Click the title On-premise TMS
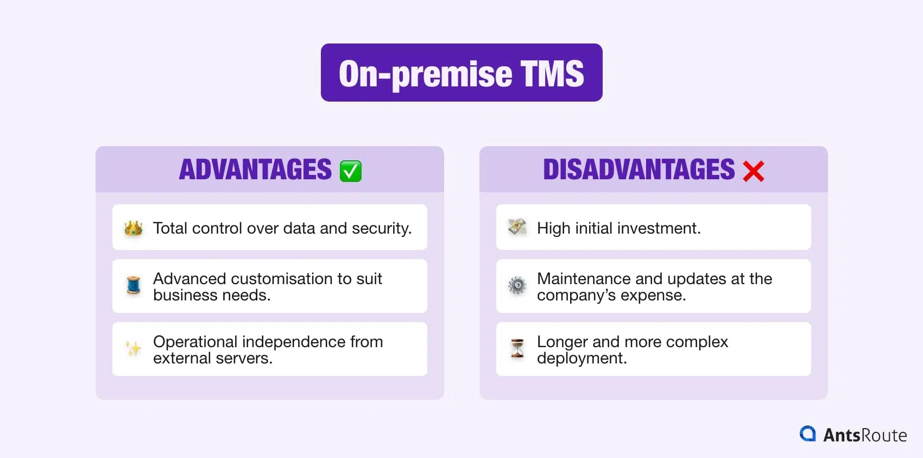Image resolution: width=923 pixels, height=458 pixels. (x=461, y=73)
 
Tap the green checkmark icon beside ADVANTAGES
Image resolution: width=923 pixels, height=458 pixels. (x=350, y=171)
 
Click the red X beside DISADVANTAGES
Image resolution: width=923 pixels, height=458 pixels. (x=753, y=171)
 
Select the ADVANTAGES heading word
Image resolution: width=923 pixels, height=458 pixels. (x=255, y=170)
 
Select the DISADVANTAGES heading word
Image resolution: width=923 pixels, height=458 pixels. (x=638, y=170)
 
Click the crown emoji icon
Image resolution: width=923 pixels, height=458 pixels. (x=134, y=228)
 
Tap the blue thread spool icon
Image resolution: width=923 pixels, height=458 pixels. (x=134, y=285)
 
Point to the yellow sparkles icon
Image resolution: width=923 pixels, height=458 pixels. (x=134, y=348)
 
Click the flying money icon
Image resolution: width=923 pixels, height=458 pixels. (x=517, y=227)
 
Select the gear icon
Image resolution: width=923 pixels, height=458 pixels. (x=517, y=285)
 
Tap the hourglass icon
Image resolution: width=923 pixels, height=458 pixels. (x=517, y=348)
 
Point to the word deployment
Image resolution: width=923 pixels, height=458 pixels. (x=581, y=358)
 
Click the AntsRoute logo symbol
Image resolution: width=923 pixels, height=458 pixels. (x=808, y=434)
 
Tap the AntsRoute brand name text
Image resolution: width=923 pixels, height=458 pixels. (x=865, y=435)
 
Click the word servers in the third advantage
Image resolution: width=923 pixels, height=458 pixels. (x=244, y=358)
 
